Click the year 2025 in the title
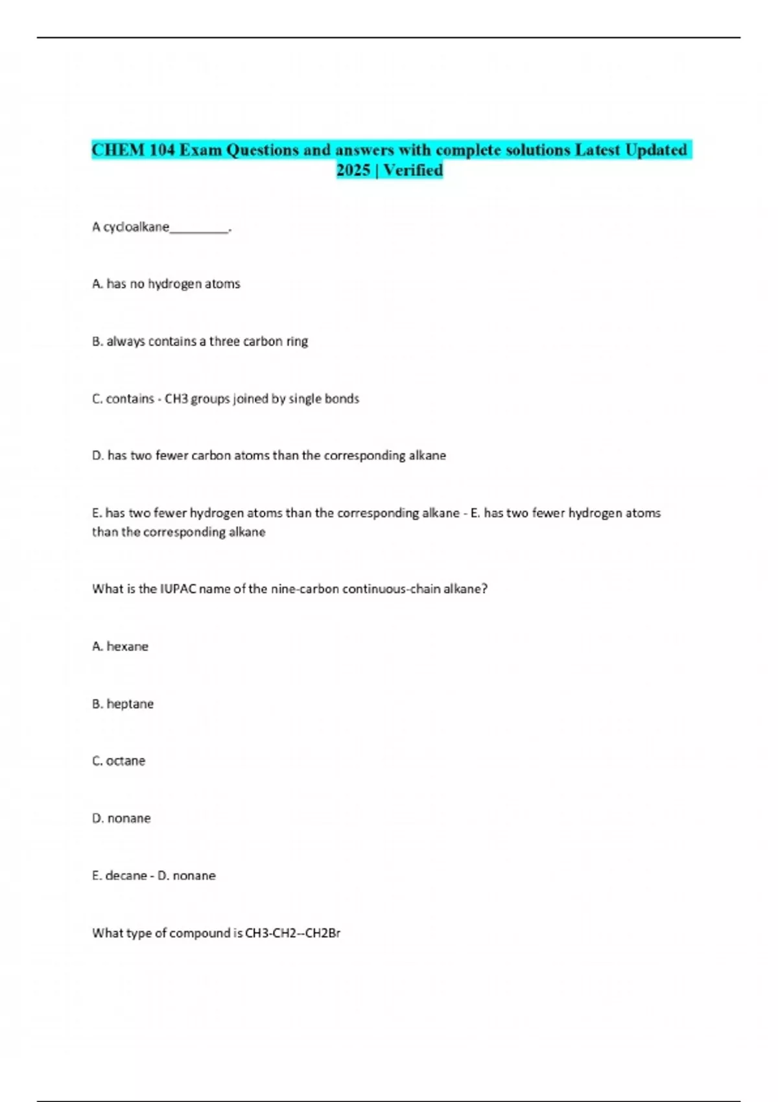(x=353, y=170)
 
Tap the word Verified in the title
(x=413, y=170)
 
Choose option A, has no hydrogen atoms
(x=166, y=284)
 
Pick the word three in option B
(x=224, y=341)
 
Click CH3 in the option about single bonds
(x=176, y=399)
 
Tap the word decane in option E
(x=126, y=876)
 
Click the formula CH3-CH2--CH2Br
(x=292, y=933)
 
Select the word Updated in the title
(x=656, y=150)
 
